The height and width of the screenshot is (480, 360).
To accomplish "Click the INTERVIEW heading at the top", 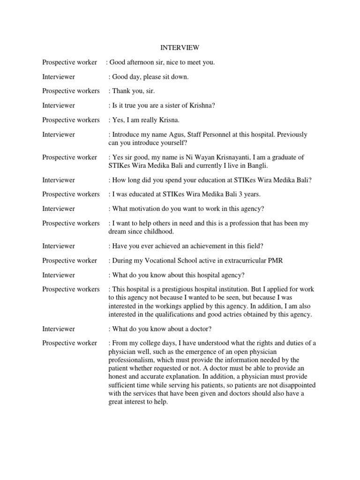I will click(x=180, y=48).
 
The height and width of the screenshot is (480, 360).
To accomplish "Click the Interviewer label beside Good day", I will click(x=59, y=77).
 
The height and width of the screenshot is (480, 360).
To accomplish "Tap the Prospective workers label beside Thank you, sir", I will click(x=71, y=91).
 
